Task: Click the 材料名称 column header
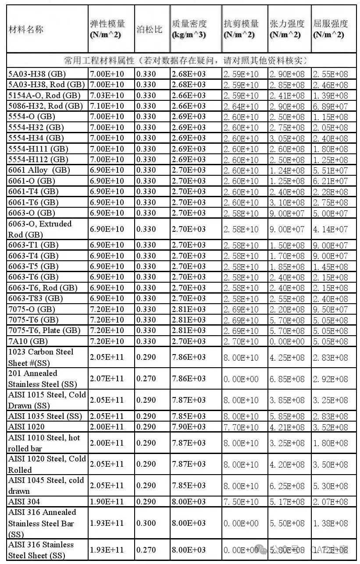click(26, 30)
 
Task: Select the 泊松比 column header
click(149, 30)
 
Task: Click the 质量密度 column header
click(189, 29)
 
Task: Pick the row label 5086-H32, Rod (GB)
click(45, 106)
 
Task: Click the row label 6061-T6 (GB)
click(33, 202)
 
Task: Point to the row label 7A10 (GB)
click(28, 341)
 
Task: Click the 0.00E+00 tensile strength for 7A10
click(287, 341)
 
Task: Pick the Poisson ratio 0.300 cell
click(146, 523)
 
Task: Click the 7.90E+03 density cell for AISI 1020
click(189, 426)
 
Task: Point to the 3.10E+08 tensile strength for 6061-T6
click(287, 202)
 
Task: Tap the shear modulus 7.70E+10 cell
click(241, 427)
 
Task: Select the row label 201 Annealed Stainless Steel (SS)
click(43, 379)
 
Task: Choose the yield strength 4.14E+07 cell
click(330, 229)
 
